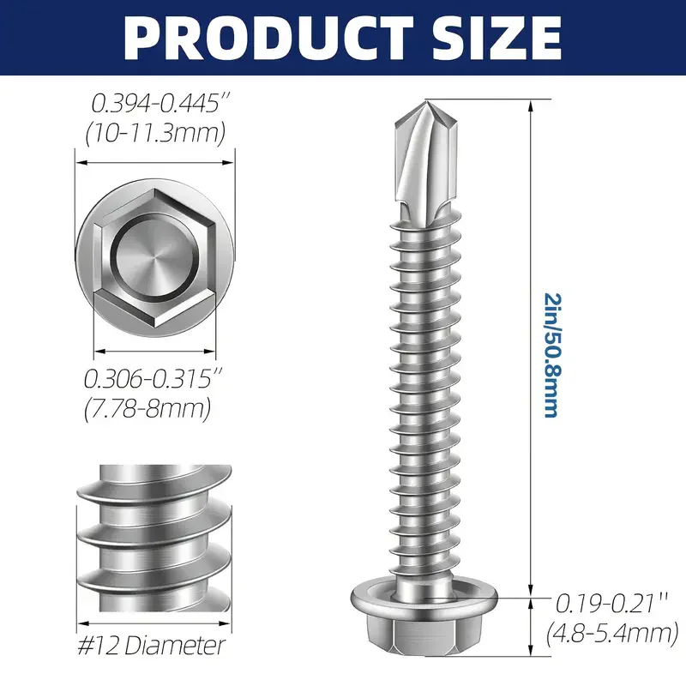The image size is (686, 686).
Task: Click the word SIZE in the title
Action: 487,37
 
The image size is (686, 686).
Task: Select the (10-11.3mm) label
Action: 156,133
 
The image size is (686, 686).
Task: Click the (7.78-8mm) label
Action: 147,409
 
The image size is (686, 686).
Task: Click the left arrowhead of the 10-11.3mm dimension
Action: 80,160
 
